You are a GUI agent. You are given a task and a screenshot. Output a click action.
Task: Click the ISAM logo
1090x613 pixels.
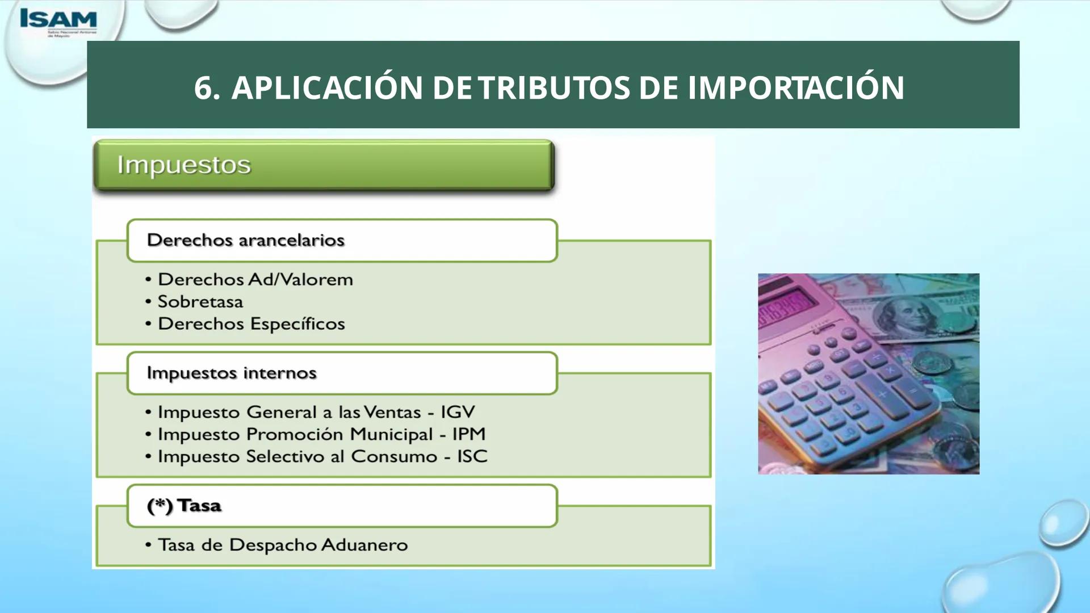58,20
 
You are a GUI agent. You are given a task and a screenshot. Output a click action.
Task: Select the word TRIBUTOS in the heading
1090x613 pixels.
554,88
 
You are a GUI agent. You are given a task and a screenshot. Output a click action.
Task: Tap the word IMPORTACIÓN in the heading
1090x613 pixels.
796,88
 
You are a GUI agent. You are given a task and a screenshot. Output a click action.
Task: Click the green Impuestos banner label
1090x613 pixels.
183,165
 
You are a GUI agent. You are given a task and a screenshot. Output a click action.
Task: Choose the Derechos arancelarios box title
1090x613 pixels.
245,240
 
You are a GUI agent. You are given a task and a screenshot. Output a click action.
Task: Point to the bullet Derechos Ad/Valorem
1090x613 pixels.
255,279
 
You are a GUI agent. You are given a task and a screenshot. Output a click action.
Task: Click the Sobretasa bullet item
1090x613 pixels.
200,301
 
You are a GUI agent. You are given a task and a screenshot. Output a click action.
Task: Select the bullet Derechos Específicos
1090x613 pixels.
251,324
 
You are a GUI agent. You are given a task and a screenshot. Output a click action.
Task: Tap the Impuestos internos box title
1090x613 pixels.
231,373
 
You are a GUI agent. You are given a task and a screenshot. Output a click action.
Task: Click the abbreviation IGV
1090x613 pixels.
458,412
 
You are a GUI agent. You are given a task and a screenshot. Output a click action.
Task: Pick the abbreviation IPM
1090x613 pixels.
469,434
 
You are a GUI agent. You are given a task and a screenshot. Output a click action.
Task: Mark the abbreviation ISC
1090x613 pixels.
472,456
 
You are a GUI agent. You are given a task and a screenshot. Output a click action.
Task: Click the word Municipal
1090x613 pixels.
391,434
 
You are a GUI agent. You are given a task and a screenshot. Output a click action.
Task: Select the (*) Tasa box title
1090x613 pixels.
183,505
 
